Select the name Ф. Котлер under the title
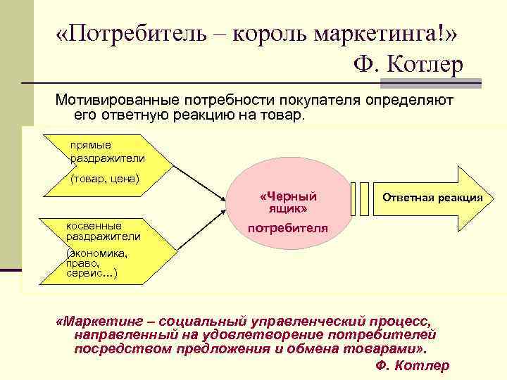[408, 65]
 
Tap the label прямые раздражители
[106, 151]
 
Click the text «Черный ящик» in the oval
[288, 202]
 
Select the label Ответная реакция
[432, 198]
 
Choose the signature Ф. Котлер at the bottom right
[413, 365]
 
